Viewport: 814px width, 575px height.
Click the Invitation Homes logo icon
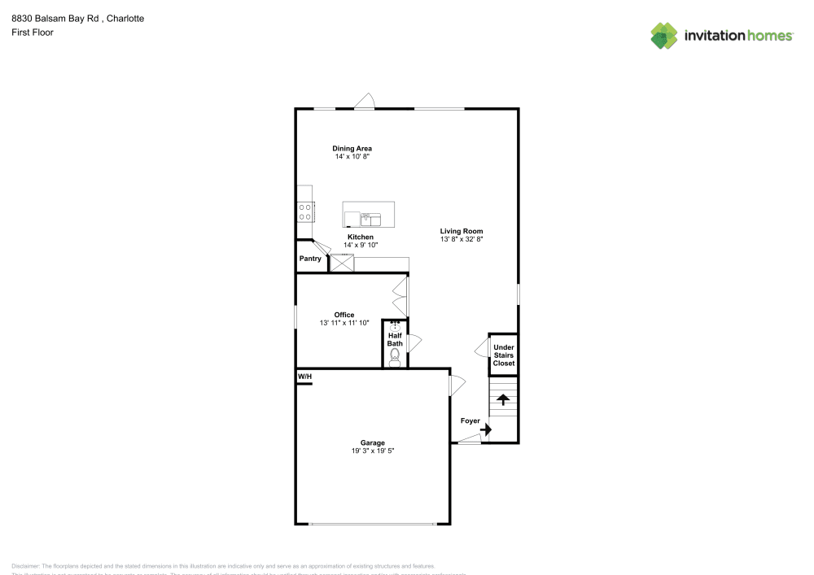pos(664,35)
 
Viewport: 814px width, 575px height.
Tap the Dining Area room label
pos(352,148)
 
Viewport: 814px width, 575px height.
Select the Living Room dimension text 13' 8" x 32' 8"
pos(462,240)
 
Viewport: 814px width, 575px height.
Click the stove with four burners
pos(305,211)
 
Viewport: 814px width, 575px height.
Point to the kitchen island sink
pos(370,218)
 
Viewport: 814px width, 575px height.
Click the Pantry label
pos(310,259)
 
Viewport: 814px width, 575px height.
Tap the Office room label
pos(344,315)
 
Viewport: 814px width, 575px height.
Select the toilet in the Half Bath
pos(395,356)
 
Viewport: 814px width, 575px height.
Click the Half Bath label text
pos(395,339)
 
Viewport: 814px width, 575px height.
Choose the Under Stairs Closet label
pos(504,355)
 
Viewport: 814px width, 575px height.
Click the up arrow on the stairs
pos(503,399)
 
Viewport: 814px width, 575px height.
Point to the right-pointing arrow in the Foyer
pos(486,429)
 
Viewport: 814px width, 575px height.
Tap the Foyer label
pos(470,420)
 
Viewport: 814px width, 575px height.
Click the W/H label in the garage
pos(304,377)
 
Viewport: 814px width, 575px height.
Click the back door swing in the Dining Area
pos(364,101)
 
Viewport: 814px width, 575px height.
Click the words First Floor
pos(33,33)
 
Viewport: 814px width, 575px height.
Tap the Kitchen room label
pos(360,237)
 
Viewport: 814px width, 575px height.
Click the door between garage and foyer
pos(457,384)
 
